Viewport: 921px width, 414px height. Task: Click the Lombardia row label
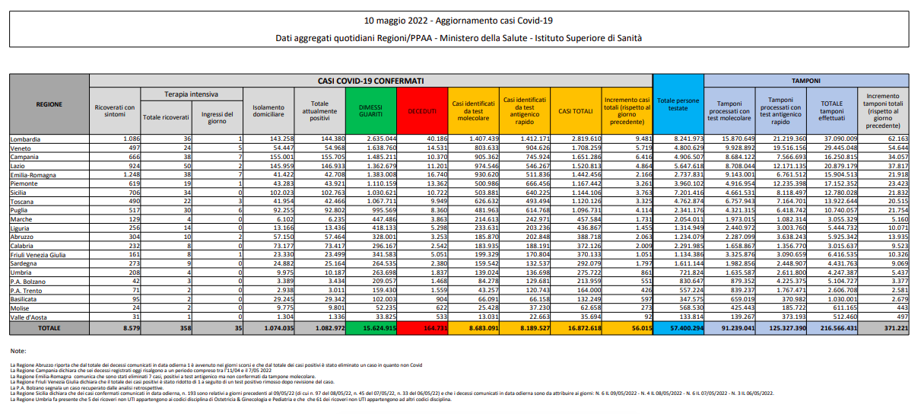(x=26, y=139)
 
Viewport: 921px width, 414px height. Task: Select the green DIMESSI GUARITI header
(x=370, y=110)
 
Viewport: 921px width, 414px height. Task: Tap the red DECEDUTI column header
(x=422, y=111)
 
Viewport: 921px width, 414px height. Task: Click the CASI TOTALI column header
(x=575, y=111)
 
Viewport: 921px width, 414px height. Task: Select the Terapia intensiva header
(x=191, y=94)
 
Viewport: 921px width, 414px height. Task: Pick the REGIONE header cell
(x=49, y=104)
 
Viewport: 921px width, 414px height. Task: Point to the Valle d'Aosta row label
(x=29, y=317)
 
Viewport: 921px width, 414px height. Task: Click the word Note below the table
(x=18, y=351)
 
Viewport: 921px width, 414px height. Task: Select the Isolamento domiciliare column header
(x=269, y=111)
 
